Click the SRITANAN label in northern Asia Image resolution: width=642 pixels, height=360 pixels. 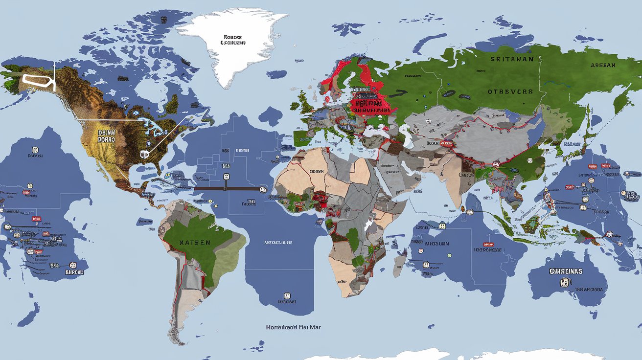point(508,59)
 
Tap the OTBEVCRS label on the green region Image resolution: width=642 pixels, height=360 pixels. point(510,91)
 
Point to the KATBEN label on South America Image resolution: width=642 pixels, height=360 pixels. point(195,243)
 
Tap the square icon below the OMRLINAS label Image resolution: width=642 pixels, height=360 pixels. point(566,282)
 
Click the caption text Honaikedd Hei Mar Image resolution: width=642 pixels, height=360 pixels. point(294,327)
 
